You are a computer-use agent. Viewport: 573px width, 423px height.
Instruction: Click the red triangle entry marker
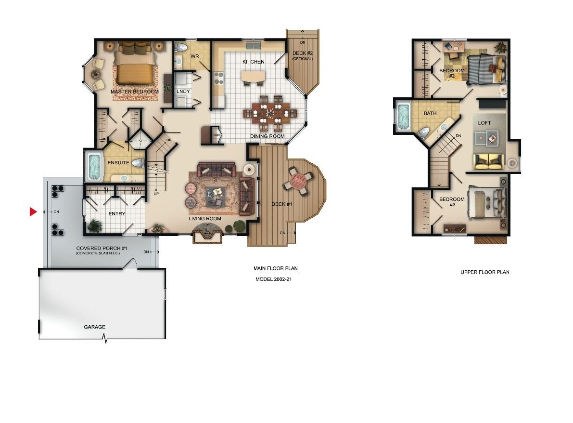point(33,211)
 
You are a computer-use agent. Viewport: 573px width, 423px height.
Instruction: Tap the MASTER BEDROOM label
point(135,92)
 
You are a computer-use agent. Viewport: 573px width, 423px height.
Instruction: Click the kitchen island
point(253,76)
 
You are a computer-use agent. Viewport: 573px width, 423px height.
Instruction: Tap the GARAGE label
point(95,327)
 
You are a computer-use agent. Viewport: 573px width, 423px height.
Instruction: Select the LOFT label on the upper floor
point(484,123)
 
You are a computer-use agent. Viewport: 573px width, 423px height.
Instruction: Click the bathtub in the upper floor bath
point(404,117)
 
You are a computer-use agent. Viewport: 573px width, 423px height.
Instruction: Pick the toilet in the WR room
point(180,47)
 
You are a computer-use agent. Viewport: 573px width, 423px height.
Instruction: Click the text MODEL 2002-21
point(273,279)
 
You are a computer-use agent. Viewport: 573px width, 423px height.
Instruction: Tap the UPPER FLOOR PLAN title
point(485,272)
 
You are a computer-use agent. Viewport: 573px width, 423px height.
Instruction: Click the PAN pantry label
point(216,135)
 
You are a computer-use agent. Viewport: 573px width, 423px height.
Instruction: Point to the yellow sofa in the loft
point(489,161)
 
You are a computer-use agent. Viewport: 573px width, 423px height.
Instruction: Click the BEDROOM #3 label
point(452,202)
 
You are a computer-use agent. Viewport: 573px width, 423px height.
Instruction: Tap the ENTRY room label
point(117,214)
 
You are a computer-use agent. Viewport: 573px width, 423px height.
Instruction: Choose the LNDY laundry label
point(183,92)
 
